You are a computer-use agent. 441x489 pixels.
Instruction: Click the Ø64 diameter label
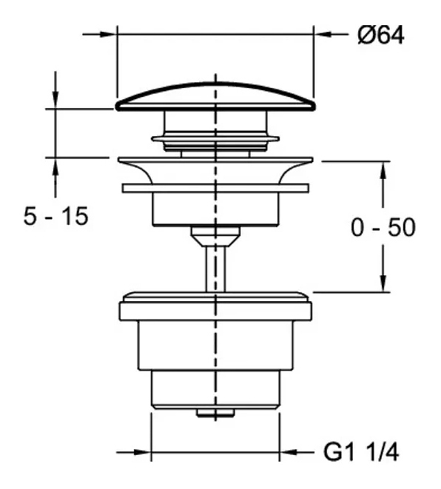point(381,35)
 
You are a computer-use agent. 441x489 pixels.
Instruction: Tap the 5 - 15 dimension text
point(55,216)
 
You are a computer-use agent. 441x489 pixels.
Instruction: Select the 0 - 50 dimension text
point(383,227)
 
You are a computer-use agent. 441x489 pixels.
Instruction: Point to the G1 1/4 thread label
point(361,452)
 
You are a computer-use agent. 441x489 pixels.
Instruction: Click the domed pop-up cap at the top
point(215,97)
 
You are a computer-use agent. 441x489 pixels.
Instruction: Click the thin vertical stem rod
point(215,269)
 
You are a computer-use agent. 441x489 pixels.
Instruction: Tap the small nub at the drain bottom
point(215,412)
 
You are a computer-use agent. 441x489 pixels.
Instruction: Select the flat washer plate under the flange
point(215,189)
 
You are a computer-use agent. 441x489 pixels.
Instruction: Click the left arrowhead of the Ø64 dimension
point(107,34)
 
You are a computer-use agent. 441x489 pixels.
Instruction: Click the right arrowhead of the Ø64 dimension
point(323,34)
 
